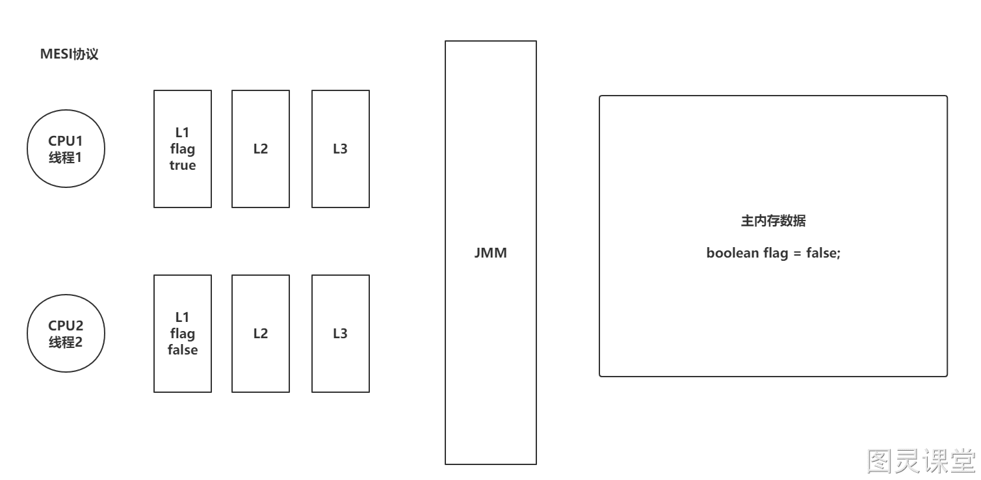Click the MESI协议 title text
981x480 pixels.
pos(69,54)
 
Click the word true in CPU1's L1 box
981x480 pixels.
pos(183,165)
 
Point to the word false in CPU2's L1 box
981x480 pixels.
pos(183,350)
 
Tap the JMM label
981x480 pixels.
pos(490,253)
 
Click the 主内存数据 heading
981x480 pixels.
pos(773,220)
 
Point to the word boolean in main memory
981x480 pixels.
pos(733,253)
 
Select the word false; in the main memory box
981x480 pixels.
pos(823,253)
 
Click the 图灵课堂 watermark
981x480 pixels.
pos(921,461)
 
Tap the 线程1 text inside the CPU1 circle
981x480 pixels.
pos(65,157)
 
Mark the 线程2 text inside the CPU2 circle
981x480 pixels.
pos(65,342)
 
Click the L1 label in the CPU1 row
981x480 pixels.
pos(182,132)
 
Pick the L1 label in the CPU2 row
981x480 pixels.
pos(182,317)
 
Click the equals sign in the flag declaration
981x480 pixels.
pos(797,254)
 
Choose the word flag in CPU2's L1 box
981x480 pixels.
pos(183,334)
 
